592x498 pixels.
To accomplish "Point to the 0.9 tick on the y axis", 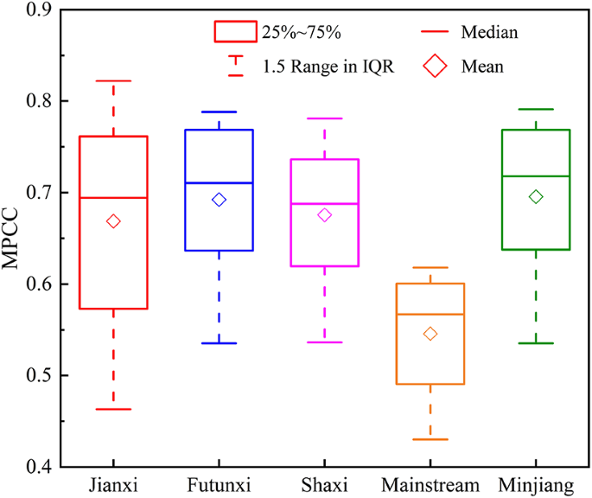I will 40,10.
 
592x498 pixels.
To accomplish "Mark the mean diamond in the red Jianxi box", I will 113,221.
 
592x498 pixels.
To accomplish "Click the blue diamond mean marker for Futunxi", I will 219,200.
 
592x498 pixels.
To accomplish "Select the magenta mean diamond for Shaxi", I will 324,214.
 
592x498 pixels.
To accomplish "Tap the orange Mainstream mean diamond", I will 430,334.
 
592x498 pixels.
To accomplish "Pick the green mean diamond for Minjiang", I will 536,197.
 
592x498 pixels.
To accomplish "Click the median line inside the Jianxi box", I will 113,198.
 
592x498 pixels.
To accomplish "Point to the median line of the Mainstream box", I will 430,314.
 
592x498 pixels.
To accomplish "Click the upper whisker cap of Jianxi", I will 113,80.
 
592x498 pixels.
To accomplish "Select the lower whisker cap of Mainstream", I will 430,439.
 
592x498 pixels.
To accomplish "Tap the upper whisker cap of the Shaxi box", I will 324,118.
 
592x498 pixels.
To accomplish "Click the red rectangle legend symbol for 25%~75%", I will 235,32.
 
